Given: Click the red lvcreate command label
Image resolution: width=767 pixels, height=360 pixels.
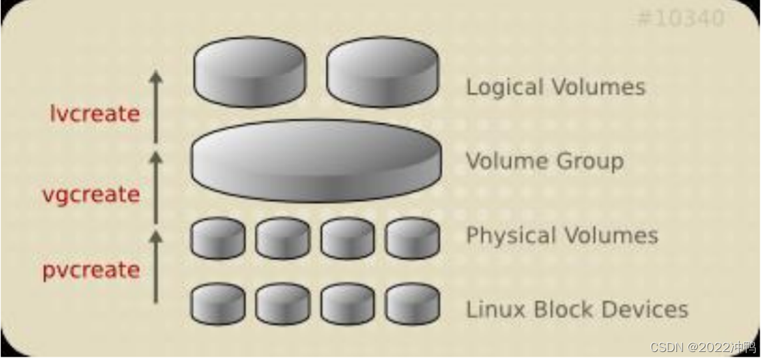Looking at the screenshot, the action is pos(95,114).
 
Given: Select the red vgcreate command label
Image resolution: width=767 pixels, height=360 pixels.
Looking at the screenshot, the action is pos(91,195).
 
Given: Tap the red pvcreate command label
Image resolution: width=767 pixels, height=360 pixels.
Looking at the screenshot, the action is pos(91,270).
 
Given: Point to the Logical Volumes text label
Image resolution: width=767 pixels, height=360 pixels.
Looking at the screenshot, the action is pos(555,87).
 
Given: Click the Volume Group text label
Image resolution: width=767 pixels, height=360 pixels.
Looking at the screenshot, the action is pos(544,161).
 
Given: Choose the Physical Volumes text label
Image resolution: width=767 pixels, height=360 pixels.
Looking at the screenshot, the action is pos(562,235).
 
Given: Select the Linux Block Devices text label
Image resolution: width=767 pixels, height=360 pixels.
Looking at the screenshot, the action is pos(576,309).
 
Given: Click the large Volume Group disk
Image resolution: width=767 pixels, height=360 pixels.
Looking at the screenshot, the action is pos(316,161).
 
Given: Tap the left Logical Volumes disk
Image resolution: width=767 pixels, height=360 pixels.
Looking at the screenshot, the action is pos(249,72).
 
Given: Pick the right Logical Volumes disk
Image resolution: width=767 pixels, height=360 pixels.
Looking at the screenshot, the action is pos(383,72).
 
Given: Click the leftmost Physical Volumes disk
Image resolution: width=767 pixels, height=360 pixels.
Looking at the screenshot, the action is pos(218,238).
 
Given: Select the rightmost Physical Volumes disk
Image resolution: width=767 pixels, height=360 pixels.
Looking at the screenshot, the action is pos(412,238).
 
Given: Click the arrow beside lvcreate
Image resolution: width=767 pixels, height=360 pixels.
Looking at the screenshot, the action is pos(155,107).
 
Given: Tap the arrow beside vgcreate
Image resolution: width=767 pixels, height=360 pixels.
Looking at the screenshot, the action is pos(155,187).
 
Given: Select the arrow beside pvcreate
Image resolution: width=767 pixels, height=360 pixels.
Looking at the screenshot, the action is pos(155,266).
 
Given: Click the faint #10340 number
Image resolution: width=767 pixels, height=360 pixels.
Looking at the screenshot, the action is pos(680,18).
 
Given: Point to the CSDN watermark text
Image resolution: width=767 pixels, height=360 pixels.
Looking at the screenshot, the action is pos(703,347).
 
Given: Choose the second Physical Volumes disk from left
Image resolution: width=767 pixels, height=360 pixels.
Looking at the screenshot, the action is pos(283,238).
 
